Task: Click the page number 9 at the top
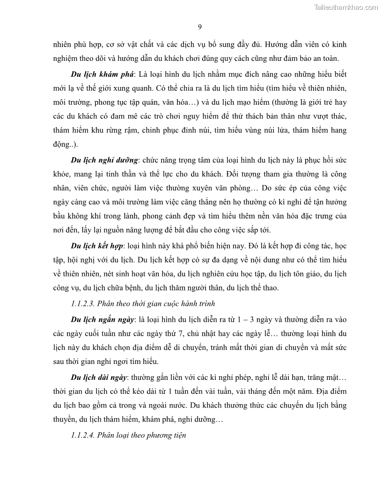coord(200,26)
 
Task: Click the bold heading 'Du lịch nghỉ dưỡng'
coord(105,160)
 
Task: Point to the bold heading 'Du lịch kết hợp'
coord(97,246)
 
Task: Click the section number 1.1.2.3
coord(86,303)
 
